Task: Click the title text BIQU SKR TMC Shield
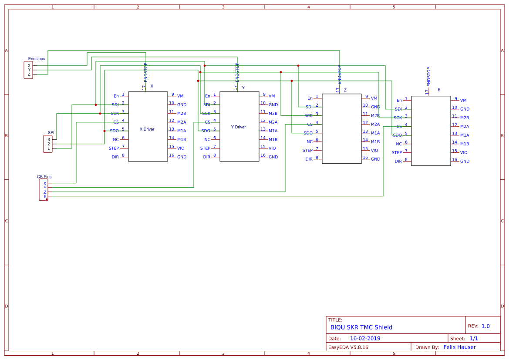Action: pyautogui.click(x=361, y=327)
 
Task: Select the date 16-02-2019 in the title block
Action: pyautogui.click(x=365, y=338)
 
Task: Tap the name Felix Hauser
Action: pyautogui.click(x=459, y=347)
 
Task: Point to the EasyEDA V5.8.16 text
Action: pyautogui.click(x=348, y=347)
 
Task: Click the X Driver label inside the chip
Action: pyautogui.click(x=147, y=129)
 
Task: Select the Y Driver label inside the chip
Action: pyautogui.click(x=238, y=127)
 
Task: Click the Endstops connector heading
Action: pyautogui.click(x=37, y=59)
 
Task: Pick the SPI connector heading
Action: pyautogui.click(x=51, y=132)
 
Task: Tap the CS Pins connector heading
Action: pyautogui.click(x=44, y=177)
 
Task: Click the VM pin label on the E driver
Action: pyautogui.click(x=463, y=101)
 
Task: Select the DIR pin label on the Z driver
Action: pyautogui.click(x=309, y=159)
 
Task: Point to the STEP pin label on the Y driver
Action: pyautogui.click(x=205, y=148)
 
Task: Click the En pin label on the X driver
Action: pyautogui.click(x=116, y=96)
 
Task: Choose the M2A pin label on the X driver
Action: pyautogui.click(x=182, y=122)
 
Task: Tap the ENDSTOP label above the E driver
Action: pyautogui.click(x=429, y=77)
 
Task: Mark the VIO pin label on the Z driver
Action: pyautogui.click(x=374, y=151)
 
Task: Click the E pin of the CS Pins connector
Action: pyautogui.click(x=44, y=196)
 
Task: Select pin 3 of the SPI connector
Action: pyautogui.click(x=49, y=139)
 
